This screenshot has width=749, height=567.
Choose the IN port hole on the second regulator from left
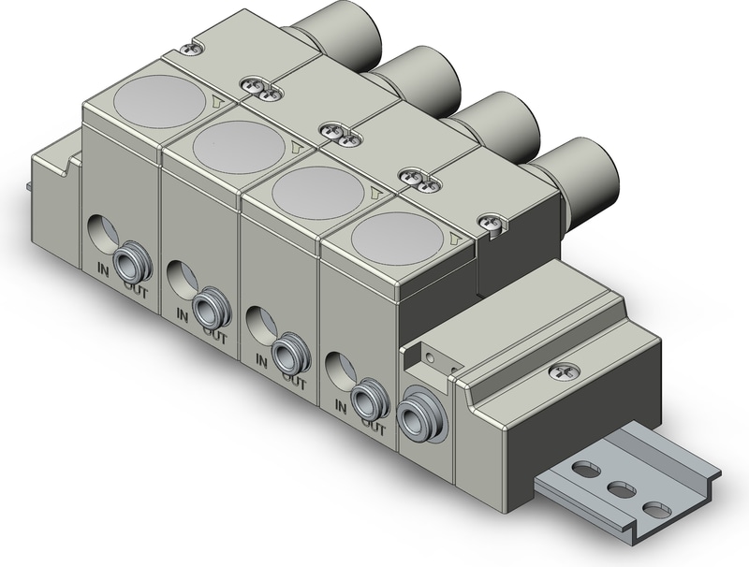[179, 277]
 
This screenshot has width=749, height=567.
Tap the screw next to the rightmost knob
[492, 222]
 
